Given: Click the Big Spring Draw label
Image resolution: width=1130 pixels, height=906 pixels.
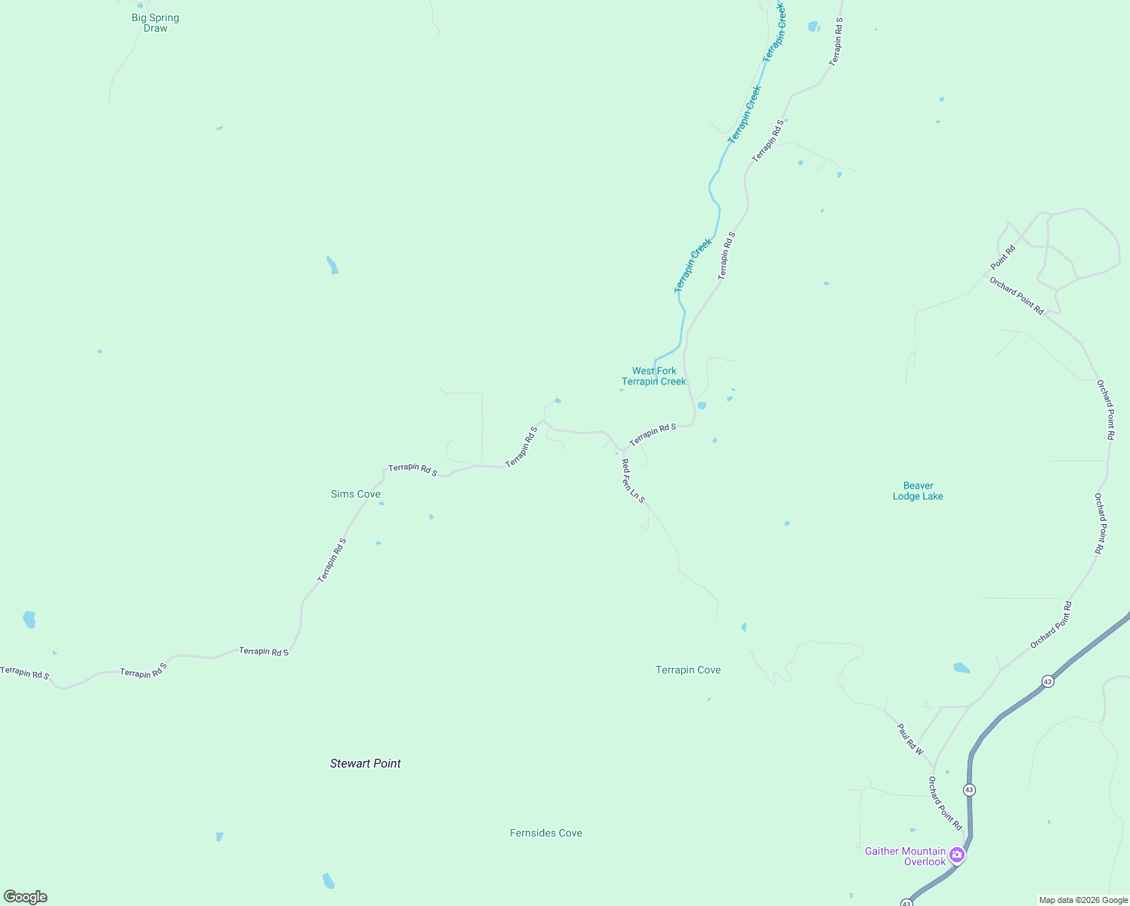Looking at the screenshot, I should pos(156,23).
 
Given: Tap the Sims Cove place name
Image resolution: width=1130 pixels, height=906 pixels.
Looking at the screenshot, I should pos(356,494).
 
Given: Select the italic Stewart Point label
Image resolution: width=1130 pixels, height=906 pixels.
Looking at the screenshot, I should pos(366,763).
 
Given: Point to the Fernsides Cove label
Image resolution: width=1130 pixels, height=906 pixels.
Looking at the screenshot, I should pos(546,833).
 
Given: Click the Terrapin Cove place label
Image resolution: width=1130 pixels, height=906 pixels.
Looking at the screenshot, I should pos(688,670).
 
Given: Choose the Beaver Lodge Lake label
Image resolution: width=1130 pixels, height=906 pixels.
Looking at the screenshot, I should pos(918,491).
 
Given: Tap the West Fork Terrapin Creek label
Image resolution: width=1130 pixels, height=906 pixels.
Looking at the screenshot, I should pos(654,376).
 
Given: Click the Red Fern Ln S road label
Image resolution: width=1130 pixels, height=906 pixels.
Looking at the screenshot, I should pos(633,481).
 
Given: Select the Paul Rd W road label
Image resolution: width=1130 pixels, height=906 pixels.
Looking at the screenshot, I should pos(910,739).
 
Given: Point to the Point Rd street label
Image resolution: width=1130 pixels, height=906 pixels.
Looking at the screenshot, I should pos(1003,257).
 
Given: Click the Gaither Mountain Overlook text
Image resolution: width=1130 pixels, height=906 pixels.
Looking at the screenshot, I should pos(905,856).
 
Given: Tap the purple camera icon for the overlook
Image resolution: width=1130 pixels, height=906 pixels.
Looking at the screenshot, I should pos(957,855).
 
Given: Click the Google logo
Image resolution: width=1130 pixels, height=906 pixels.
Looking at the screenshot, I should pos(26,897).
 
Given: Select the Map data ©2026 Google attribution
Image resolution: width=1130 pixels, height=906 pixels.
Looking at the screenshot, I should pos(1083,900).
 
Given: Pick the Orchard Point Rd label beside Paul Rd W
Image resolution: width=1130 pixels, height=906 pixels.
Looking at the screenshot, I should pos(945,803).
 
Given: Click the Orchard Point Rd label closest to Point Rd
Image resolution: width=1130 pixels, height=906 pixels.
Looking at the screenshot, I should pos(1017,296).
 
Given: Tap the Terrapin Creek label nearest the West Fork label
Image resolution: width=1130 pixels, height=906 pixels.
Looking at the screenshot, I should pos(693,266).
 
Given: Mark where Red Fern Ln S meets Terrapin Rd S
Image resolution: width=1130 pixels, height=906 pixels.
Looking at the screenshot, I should pos(622,451).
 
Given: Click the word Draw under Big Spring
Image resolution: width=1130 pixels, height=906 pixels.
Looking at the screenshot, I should pos(156,29).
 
